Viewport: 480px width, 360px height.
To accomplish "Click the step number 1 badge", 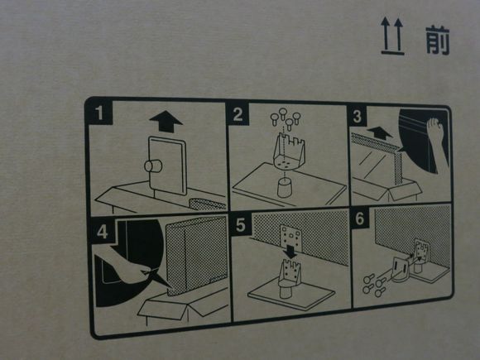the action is click(99, 113).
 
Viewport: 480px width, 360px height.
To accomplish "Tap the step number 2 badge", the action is click(238, 114).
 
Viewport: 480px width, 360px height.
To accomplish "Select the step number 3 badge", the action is click(357, 116).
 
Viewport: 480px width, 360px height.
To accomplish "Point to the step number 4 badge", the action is click(103, 231).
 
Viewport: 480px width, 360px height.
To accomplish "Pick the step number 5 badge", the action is click(241, 224).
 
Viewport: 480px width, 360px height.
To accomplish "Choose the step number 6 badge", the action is click(360, 218).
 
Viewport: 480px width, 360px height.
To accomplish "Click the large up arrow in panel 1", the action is click(166, 121).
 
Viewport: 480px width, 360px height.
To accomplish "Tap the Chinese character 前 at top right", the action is click(438, 41).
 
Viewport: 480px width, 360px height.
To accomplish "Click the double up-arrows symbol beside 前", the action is click(392, 36).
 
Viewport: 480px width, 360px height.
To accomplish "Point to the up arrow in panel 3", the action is click(380, 133).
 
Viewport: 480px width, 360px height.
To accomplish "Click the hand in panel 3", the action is click(438, 137).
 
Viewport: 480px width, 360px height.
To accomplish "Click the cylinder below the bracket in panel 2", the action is click(286, 188).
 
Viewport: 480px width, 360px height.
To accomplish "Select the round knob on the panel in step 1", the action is click(153, 166).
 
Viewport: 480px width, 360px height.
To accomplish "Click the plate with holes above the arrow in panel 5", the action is click(290, 234).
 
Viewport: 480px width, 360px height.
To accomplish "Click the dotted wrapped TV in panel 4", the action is click(196, 255).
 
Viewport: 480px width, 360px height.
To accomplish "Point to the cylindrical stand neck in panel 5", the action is click(288, 290).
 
